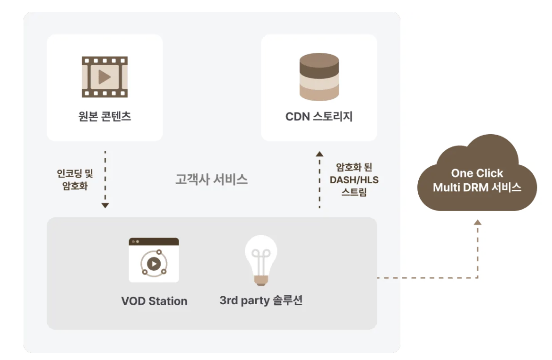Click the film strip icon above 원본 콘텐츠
pyautogui.click(x=104, y=77)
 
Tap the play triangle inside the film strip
pyautogui.click(x=104, y=77)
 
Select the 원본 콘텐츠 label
pyautogui.click(x=104, y=116)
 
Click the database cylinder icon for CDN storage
pyautogui.click(x=319, y=77)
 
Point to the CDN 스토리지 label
pyautogui.click(x=319, y=116)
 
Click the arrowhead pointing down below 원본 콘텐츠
pyautogui.click(x=105, y=206)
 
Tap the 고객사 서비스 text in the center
pyautogui.click(x=211, y=180)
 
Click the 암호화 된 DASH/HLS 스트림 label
pyautogui.click(x=354, y=180)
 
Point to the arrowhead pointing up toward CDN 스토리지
pyautogui.click(x=319, y=154)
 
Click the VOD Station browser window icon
pyautogui.click(x=154, y=260)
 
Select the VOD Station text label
pyautogui.click(x=154, y=301)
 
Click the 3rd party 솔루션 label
pyautogui.click(x=261, y=300)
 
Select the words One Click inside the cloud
pyautogui.click(x=477, y=173)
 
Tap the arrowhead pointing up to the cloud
pyautogui.click(x=478, y=222)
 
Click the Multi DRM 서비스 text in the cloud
pyautogui.click(x=477, y=188)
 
